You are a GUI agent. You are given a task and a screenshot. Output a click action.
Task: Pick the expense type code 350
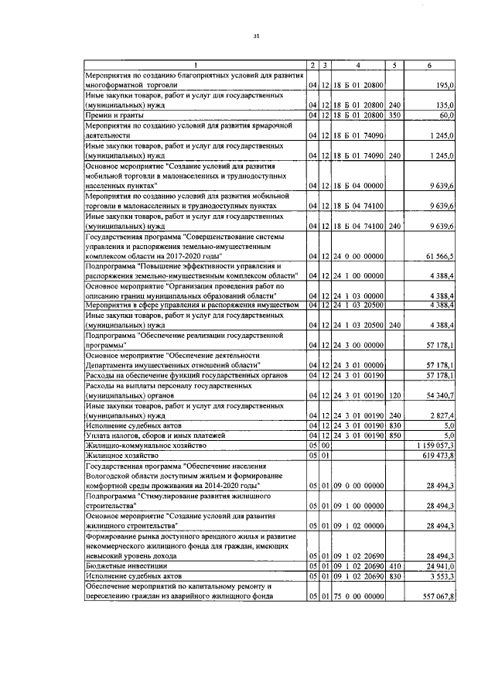pyautogui.click(x=394, y=115)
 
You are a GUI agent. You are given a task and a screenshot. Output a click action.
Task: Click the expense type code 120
pyautogui.click(x=394, y=396)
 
